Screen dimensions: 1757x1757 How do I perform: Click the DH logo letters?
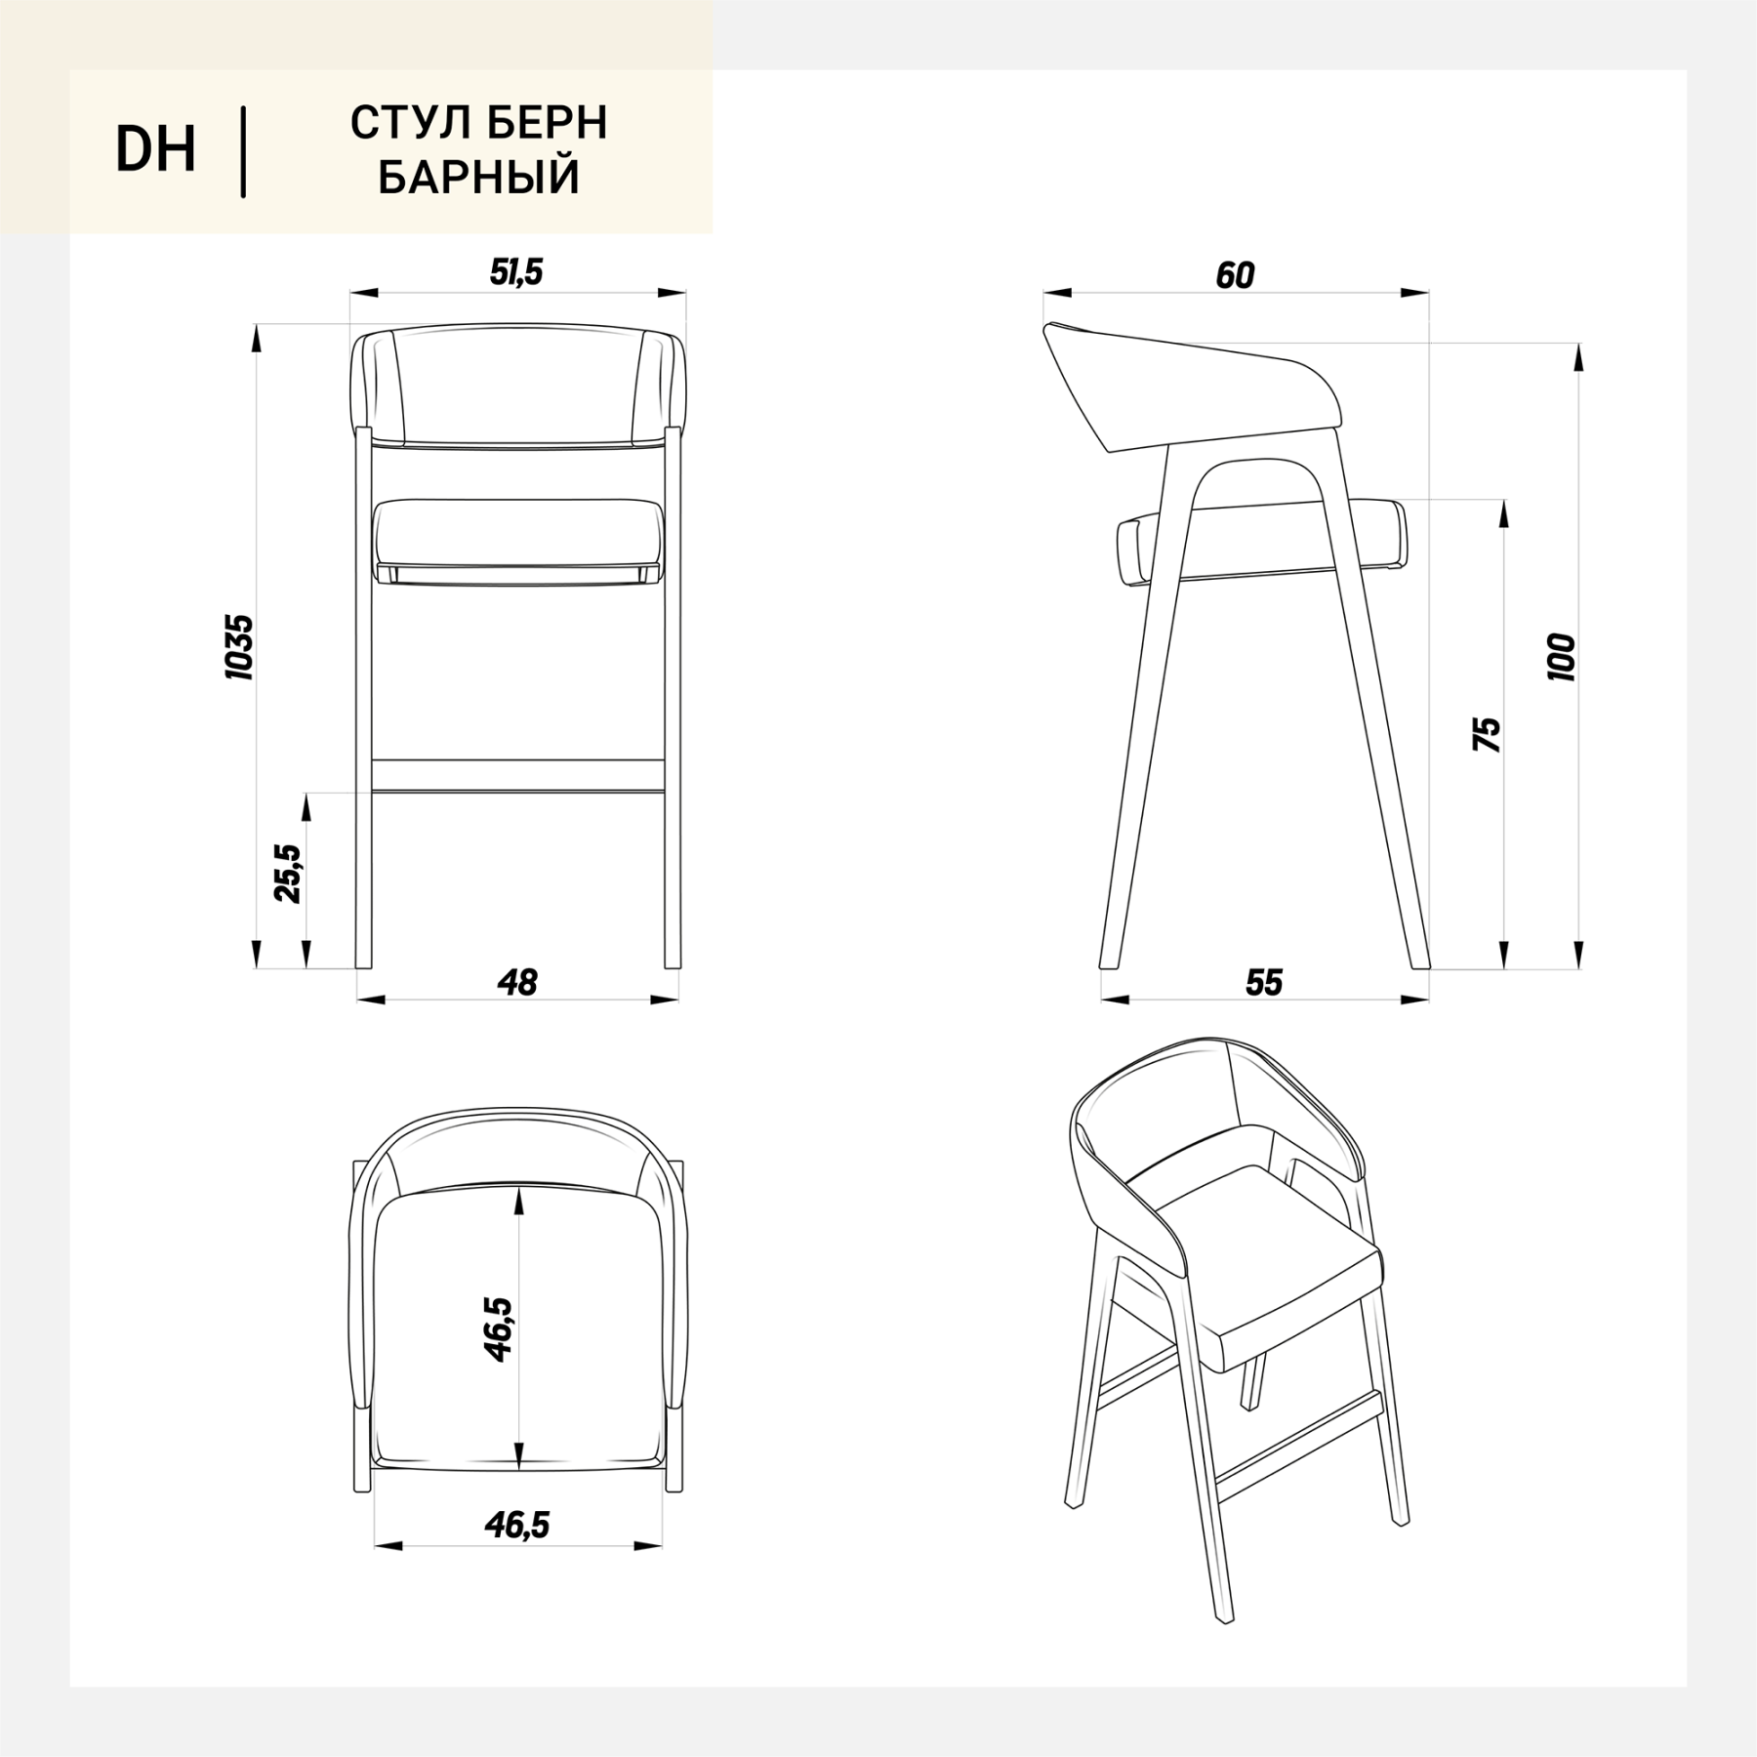pos(156,150)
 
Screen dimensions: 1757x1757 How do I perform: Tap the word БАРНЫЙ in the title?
pos(479,178)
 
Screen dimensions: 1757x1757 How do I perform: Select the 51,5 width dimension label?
pos(516,272)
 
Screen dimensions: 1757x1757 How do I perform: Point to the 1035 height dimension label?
pos(239,647)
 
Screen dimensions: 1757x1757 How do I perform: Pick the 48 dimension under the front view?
pos(517,982)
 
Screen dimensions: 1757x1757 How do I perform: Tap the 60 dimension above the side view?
pos(1235,276)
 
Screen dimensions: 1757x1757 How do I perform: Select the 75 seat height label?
pos(1487,734)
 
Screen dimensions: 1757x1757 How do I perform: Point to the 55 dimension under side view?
pos(1264,982)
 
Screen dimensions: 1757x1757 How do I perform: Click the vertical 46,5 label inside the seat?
pos(498,1329)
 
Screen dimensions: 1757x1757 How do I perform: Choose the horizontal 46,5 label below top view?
pos(517,1524)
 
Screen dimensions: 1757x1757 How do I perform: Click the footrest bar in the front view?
pos(518,775)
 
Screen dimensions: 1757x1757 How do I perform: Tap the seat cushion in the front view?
pos(518,542)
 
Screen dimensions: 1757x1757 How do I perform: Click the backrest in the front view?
pos(518,388)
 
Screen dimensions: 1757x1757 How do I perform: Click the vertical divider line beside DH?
pos(243,152)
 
